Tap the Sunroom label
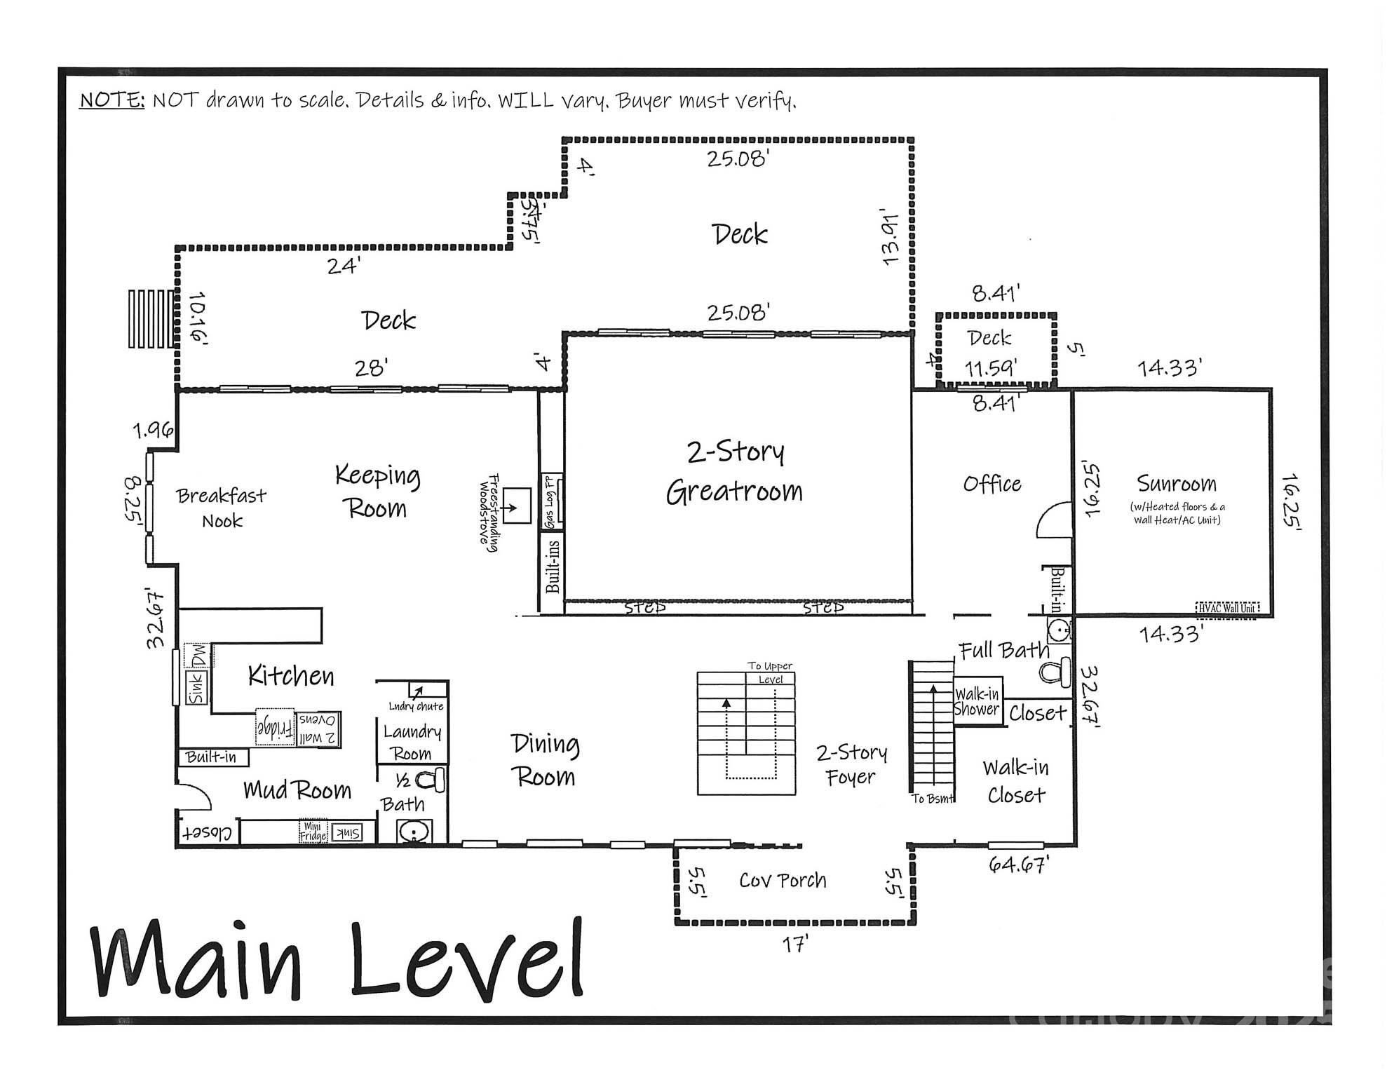1176,484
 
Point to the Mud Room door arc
193,795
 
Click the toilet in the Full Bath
1056,672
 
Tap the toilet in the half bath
431,780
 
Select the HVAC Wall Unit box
1227,608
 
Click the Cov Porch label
783,880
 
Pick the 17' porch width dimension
795,944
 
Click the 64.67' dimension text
1017,865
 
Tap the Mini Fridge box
313,832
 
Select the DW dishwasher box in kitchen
199,656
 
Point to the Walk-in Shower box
977,701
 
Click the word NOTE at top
111,100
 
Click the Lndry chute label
416,706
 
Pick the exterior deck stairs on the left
149,319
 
